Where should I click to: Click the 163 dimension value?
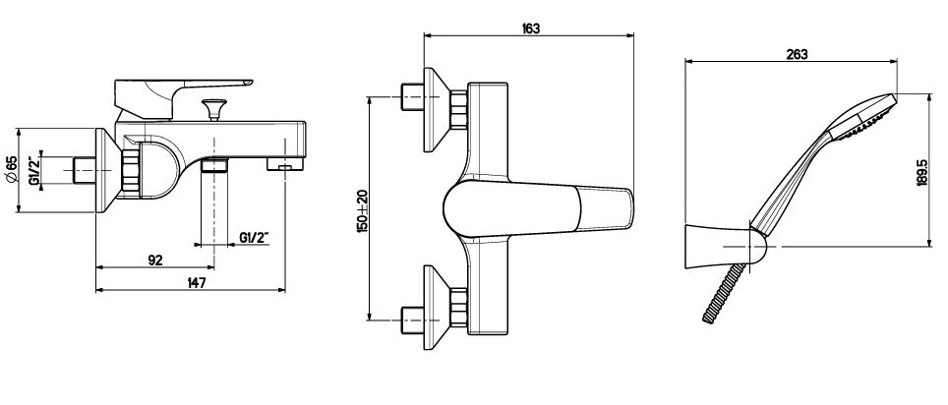(530, 28)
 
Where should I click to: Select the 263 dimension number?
(797, 54)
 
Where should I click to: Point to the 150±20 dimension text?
(362, 211)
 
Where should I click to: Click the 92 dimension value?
(155, 260)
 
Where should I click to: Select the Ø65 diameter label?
(10, 169)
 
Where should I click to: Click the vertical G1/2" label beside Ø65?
(34, 170)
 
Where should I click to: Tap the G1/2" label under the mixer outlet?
(254, 238)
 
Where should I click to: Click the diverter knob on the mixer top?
(214, 109)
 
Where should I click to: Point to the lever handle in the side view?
(180, 95)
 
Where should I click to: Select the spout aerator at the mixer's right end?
(286, 163)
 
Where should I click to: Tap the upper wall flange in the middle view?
(436, 110)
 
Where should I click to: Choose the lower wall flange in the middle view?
(436, 308)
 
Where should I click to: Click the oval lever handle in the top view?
(538, 207)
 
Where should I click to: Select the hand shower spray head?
(860, 119)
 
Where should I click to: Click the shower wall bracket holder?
(725, 247)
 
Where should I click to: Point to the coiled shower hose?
(723, 293)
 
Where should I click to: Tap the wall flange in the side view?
(106, 170)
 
